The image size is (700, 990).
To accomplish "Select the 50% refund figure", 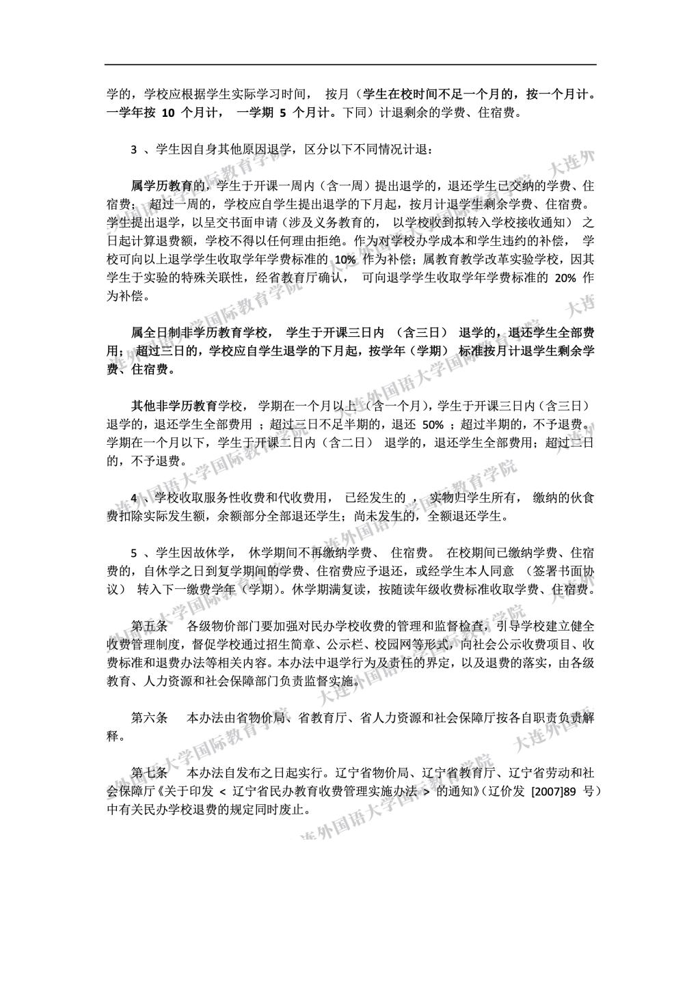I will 433,424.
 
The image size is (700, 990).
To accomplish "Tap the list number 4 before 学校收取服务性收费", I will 135,497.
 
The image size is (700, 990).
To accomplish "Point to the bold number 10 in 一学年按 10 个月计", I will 168,113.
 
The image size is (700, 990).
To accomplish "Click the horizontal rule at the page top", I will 350,65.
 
